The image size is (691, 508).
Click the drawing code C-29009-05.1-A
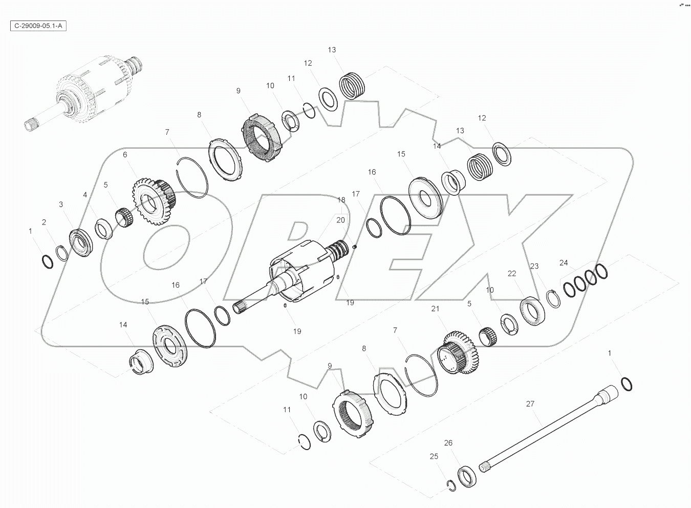pos(38,26)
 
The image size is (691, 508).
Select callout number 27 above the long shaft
pos(530,404)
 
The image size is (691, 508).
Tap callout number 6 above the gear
pos(125,154)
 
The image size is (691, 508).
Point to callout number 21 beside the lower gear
pos(436,309)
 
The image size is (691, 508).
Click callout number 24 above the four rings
pos(564,263)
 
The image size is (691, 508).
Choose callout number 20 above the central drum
pos(340,219)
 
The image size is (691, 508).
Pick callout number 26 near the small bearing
pos(448,443)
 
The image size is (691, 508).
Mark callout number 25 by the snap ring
pos(434,456)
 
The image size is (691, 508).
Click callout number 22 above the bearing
pos(512,274)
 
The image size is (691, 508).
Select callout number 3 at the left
pos(61,205)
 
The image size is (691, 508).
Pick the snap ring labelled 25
pos(451,486)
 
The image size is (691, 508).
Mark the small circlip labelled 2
pos(62,253)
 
